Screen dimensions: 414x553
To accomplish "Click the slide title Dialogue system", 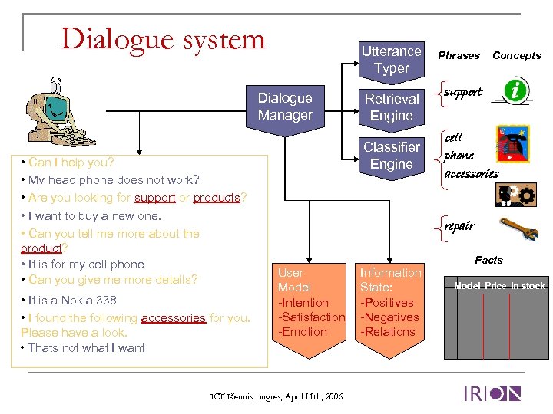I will (x=163, y=38).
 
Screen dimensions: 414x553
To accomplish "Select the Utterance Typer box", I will (x=392, y=60).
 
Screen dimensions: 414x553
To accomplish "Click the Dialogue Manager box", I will (x=285, y=107).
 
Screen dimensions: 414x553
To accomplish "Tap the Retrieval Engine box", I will (x=392, y=107).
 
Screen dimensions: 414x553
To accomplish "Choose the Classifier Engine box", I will (x=392, y=156).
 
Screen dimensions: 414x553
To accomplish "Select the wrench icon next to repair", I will (x=512, y=227).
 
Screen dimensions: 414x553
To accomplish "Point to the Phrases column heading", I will (x=459, y=55).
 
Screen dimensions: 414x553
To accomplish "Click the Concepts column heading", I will (x=516, y=55).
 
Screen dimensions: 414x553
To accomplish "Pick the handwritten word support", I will (x=464, y=92).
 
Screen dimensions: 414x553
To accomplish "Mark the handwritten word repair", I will (x=459, y=226).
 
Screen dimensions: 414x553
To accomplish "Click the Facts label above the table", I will (x=488, y=260).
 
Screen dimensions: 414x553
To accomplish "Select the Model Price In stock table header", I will (x=498, y=286).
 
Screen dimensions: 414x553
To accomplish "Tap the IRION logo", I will (x=492, y=394).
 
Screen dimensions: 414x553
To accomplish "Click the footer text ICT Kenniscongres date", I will (x=276, y=396).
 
